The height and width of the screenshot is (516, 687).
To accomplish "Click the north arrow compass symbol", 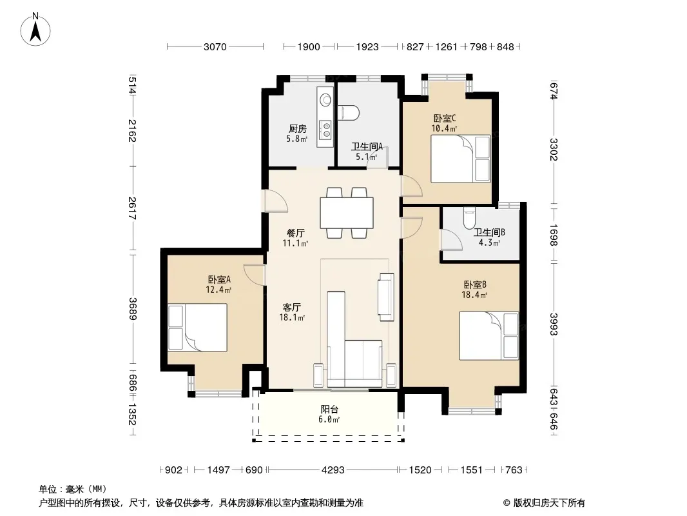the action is (x=35, y=30).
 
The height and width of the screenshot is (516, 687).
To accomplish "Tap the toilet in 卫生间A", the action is (x=349, y=113).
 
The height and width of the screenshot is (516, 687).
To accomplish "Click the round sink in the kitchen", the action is (x=325, y=100).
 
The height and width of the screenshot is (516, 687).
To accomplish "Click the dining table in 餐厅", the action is (x=347, y=213).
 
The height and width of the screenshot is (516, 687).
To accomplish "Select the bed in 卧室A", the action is (x=198, y=327).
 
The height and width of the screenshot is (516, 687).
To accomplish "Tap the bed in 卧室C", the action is (x=461, y=159).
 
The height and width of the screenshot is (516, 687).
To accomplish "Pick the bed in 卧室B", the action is (x=489, y=336).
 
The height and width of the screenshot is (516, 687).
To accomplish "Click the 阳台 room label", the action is (x=329, y=409).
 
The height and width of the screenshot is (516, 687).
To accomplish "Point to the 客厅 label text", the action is (x=292, y=307).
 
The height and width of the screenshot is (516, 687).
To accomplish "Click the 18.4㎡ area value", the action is (x=474, y=295).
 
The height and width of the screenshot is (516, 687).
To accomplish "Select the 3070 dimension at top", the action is (x=215, y=46).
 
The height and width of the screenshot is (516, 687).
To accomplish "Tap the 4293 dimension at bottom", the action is (x=333, y=470).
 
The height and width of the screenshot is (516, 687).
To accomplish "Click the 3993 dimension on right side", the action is (x=554, y=324).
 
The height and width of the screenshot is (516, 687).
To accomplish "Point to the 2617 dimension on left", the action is (x=132, y=208).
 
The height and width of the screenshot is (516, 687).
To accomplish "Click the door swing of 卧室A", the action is (x=255, y=274).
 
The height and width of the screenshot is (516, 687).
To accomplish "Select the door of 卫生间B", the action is (x=452, y=239).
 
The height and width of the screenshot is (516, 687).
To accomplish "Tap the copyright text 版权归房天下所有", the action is (x=549, y=503).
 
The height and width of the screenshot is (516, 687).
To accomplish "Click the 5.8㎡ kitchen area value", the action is (x=297, y=139).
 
